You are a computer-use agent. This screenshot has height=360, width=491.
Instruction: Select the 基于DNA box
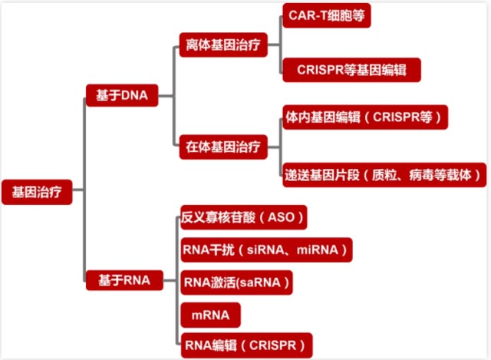[121, 95]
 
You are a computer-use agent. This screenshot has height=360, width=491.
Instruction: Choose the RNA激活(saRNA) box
[237, 282]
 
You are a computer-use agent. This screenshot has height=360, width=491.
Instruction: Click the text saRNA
[261, 282]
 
